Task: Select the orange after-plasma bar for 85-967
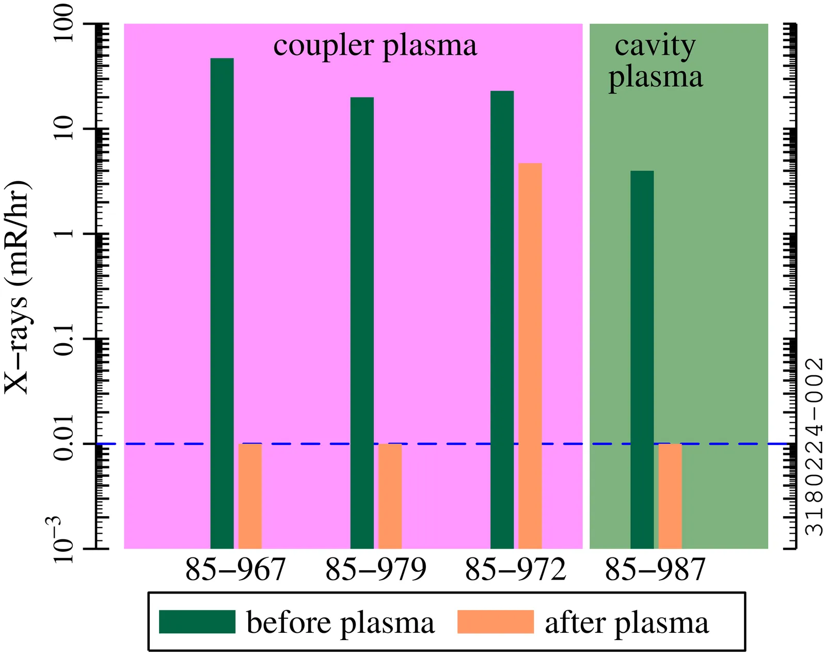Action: (250, 496)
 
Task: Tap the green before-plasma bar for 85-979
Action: (362, 323)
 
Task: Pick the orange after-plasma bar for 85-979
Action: (390, 496)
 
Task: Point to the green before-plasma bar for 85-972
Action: (502, 319)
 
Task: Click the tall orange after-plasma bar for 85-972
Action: (530, 356)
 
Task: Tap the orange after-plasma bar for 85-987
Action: (670, 496)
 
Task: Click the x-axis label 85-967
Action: (235, 570)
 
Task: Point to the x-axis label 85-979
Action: (376, 570)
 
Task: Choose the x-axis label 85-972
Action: (516, 570)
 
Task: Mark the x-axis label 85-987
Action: (655, 570)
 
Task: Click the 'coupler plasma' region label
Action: (375, 46)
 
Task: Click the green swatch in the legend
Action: (197, 622)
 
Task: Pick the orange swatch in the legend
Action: (495, 622)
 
